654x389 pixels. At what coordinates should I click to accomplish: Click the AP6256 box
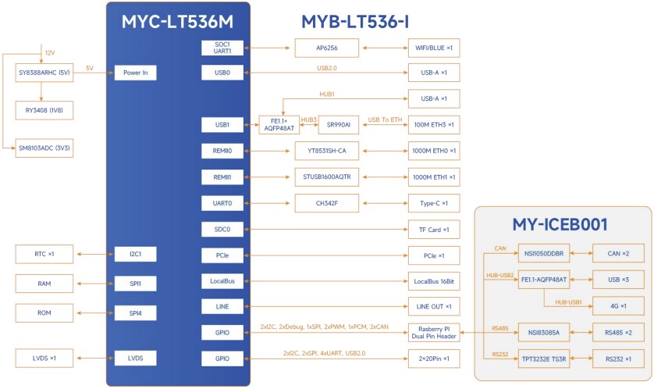click(327, 48)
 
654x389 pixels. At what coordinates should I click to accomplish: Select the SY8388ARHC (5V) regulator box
click(44, 73)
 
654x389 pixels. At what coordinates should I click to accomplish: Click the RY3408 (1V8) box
click(44, 111)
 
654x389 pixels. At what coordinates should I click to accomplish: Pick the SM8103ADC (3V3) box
click(44, 148)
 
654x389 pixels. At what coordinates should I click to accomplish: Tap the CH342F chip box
click(327, 203)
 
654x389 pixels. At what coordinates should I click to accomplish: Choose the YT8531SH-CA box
click(327, 150)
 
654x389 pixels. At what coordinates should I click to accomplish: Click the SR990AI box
click(339, 125)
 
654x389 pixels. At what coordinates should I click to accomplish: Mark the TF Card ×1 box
click(433, 230)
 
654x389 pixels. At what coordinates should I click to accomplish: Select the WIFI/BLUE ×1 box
click(433, 48)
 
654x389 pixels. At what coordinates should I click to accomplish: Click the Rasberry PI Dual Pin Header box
click(433, 332)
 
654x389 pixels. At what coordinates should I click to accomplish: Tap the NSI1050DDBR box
click(544, 254)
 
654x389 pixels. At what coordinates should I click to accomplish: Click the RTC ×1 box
click(44, 254)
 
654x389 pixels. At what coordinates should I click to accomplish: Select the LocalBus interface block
click(224, 280)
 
